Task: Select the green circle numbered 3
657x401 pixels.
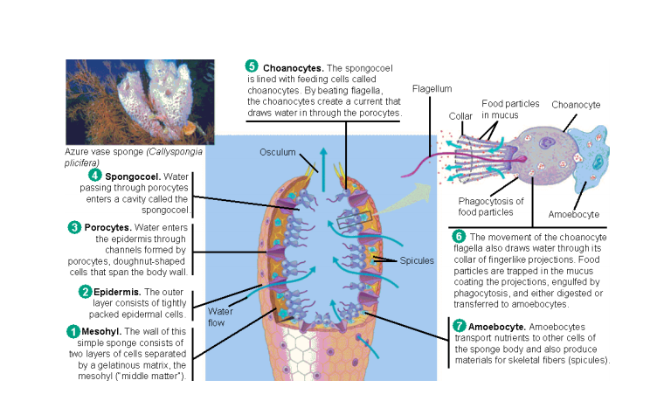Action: click(75, 227)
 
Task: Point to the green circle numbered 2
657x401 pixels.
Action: click(85, 291)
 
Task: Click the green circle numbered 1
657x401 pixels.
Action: click(73, 331)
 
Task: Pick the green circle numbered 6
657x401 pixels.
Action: click(459, 236)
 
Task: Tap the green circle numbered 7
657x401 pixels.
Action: click(459, 326)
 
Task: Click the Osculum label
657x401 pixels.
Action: click(277, 152)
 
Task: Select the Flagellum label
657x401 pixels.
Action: click(432, 88)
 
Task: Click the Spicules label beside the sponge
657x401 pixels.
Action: click(417, 260)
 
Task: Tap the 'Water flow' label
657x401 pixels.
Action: click(219, 315)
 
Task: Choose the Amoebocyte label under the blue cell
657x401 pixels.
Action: click(574, 213)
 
